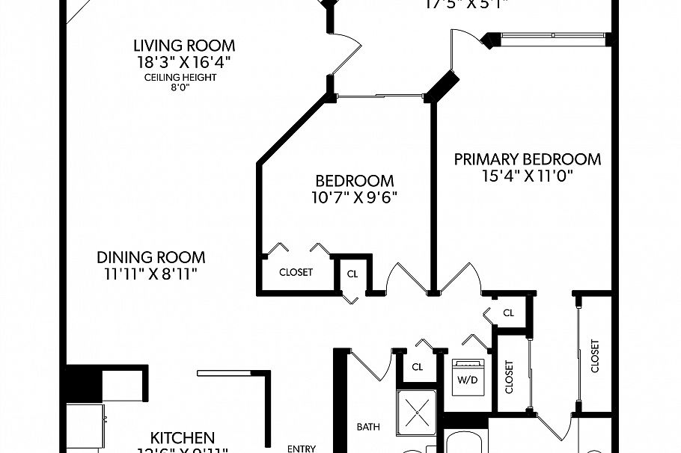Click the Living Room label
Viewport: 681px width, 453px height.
[x=184, y=46]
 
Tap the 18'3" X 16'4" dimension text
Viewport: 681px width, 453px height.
[x=184, y=62]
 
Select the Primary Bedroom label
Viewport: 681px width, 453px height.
[x=528, y=159]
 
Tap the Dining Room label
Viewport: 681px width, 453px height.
[x=150, y=257]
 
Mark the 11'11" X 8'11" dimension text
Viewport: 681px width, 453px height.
[x=150, y=274]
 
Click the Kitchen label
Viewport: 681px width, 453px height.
[x=183, y=437]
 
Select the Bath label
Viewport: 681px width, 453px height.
[x=367, y=428]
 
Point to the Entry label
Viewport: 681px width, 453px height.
[x=302, y=449]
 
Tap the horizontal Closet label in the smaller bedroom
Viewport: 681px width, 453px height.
[x=296, y=272]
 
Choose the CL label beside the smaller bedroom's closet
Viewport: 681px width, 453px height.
[x=352, y=274]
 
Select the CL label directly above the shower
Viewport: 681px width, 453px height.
[x=418, y=367]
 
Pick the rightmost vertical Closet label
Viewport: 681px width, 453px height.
[x=595, y=356]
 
